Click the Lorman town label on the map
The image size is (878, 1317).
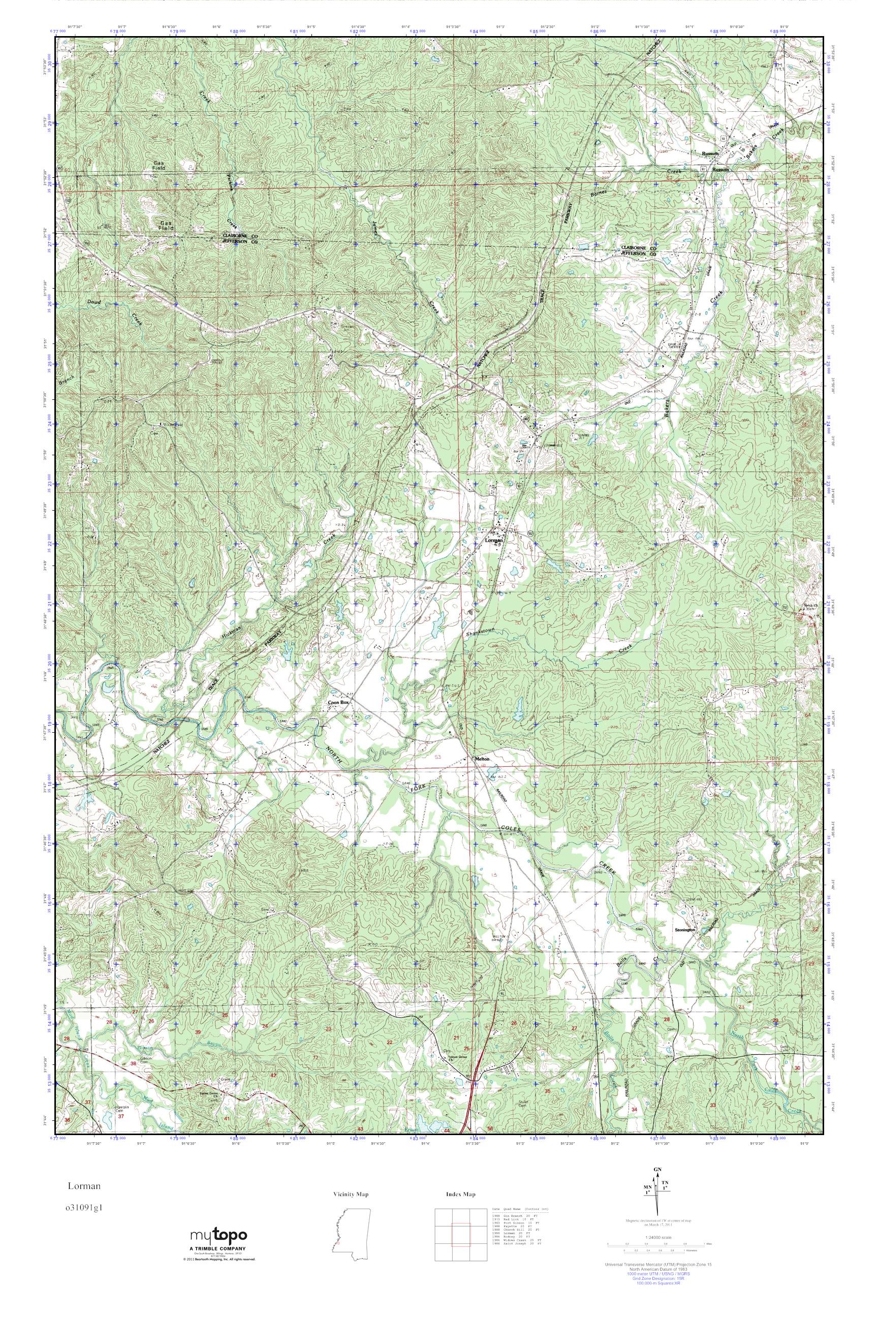(x=494, y=540)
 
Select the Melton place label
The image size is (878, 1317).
(x=482, y=759)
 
